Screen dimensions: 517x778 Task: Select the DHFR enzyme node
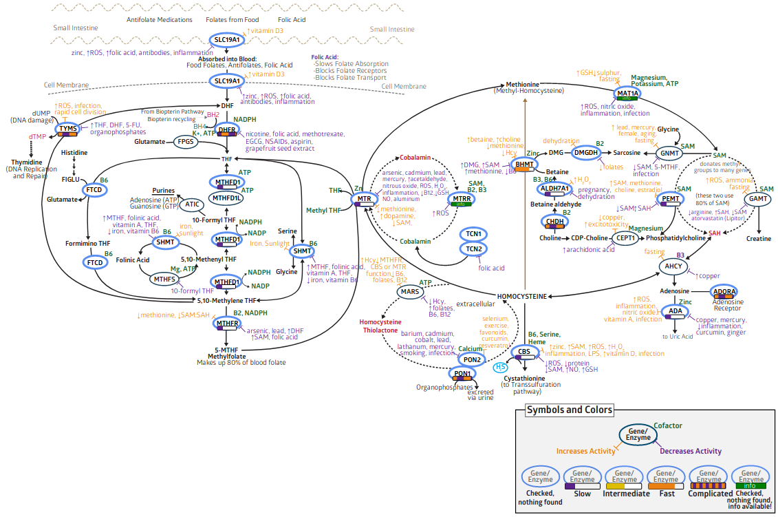[x=227, y=130]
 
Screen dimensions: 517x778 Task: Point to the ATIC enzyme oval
[x=193, y=204]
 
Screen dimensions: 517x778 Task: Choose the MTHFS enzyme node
[x=164, y=279]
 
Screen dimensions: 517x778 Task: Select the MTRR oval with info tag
[x=461, y=200]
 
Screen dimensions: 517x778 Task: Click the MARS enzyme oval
[x=409, y=293]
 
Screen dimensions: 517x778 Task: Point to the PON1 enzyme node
[x=462, y=374]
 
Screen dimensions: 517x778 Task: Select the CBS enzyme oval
[x=525, y=353]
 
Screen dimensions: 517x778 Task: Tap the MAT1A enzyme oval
[x=627, y=94]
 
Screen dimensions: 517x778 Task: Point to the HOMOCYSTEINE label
[x=522, y=297]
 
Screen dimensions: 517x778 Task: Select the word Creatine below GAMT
[x=759, y=239]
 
